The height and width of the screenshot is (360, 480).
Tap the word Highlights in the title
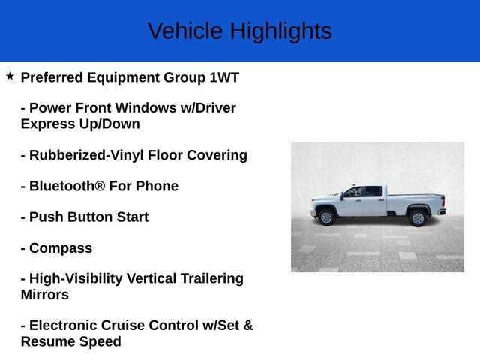280,31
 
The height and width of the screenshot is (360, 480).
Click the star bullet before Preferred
10,76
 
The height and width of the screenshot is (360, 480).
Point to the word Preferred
52,77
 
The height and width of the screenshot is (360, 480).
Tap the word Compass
61,248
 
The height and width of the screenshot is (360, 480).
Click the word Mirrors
45,295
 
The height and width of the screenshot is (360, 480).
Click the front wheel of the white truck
326,217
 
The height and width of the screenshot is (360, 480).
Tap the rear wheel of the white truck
418,217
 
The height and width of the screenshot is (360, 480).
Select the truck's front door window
352,192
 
